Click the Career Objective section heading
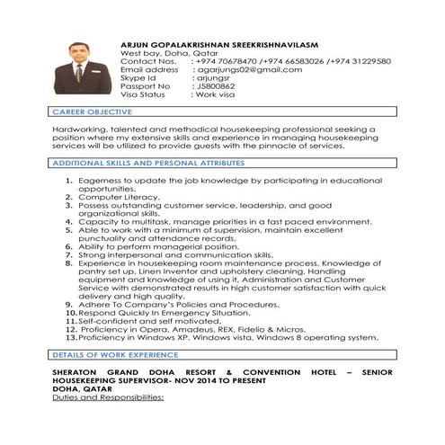click(93, 111)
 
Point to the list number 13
click(71, 338)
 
